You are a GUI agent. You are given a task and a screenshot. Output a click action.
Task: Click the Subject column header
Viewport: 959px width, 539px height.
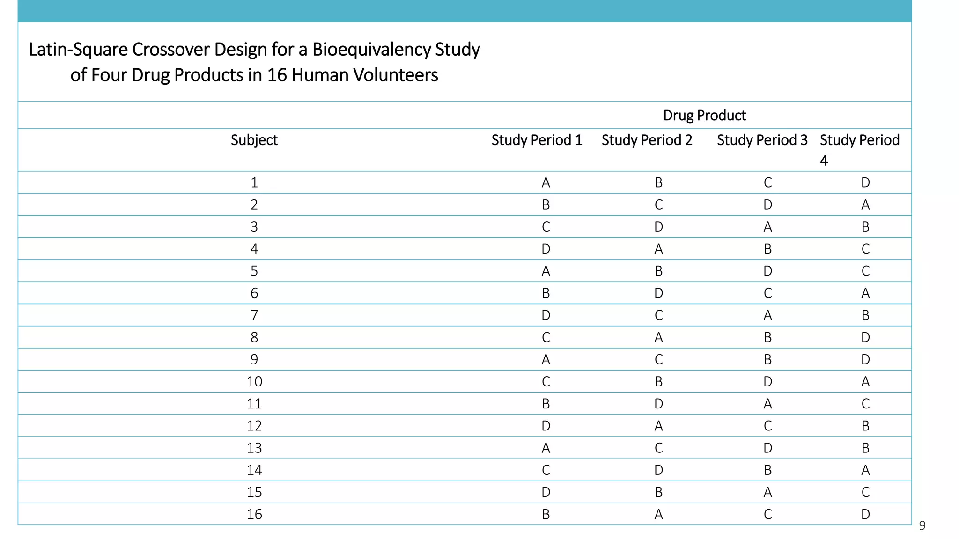click(254, 140)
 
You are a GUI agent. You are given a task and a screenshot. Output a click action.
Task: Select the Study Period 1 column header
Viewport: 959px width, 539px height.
click(537, 140)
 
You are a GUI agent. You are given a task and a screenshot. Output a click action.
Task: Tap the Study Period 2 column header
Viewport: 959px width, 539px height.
click(647, 140)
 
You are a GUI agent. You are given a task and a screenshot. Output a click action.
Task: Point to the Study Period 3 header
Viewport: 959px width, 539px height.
click(762, 140)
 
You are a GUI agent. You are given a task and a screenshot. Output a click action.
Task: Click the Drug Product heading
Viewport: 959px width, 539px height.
click(704, 115)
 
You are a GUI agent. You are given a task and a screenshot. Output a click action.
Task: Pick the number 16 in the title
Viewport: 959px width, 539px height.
click(277, 75)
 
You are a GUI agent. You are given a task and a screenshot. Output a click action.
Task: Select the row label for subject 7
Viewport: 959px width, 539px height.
click(254, 315)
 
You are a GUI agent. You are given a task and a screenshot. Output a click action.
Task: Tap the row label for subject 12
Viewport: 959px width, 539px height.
click(254, 426)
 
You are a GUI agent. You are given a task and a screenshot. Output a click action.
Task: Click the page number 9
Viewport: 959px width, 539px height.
click(922, 526)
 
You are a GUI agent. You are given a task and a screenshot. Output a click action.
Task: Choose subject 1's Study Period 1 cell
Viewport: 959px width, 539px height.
click(546, 182)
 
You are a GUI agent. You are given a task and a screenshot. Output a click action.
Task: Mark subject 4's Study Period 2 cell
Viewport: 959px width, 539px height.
click(658, 249)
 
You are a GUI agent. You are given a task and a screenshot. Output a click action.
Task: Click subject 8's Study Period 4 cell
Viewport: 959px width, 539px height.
click(865, 337)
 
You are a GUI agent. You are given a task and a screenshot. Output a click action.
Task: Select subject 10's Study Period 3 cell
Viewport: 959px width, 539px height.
click(767, 382)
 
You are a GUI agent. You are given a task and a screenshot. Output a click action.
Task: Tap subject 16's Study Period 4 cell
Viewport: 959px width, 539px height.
click(865, 514)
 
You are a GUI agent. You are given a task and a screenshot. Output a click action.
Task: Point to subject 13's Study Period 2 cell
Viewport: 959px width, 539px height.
click(658, 448)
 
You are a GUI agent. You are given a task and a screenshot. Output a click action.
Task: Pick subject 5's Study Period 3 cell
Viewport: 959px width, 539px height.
click(767, 271)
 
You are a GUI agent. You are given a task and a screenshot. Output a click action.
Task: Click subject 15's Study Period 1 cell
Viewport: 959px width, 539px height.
click(546, 492)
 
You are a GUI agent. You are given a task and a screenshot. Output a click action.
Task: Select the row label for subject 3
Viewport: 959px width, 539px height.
click(254, 227)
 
